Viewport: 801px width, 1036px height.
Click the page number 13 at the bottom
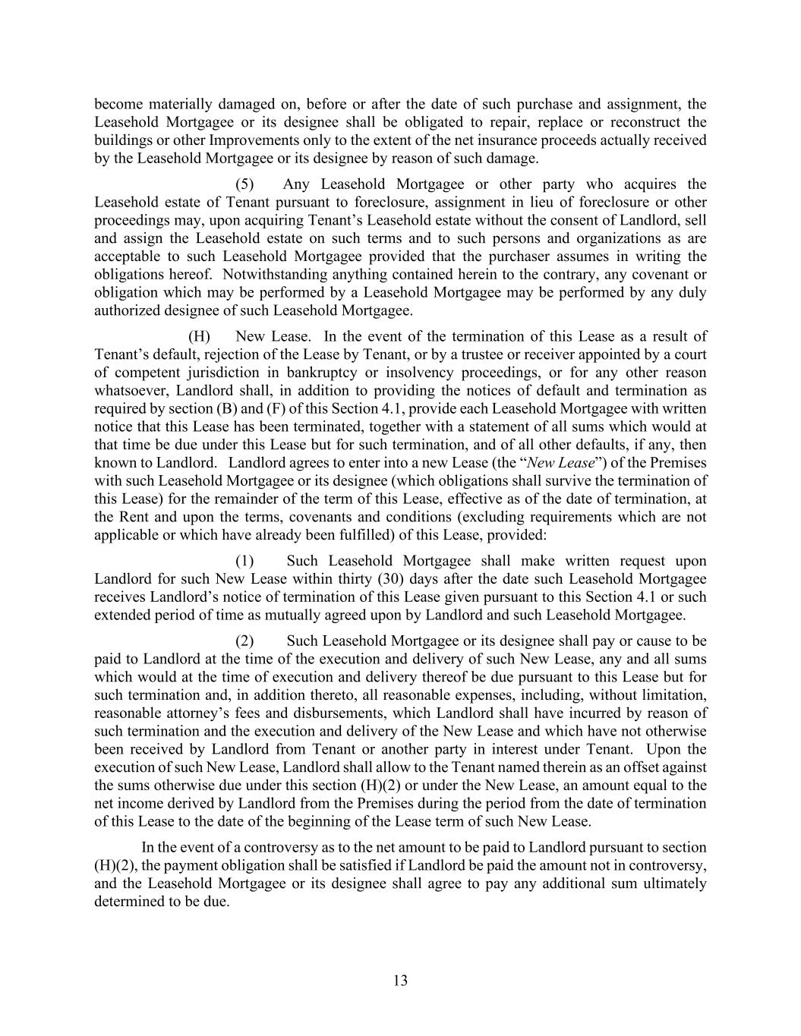[x=400, y=981]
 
